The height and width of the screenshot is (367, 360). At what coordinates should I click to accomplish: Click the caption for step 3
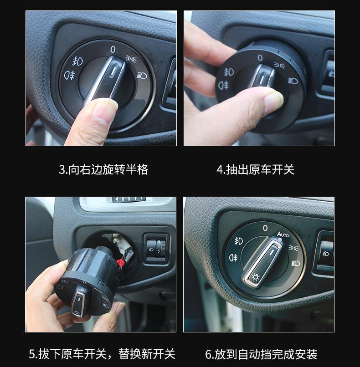(103, 169)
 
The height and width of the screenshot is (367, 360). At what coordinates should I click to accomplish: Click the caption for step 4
(255, 169)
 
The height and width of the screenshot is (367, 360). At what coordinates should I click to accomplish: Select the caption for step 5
(102, 354)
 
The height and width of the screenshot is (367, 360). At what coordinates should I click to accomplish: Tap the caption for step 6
(261, 354)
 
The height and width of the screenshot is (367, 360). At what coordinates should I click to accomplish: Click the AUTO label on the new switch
(283, 234)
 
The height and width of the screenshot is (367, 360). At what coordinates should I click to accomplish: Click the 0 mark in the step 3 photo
(113, 50)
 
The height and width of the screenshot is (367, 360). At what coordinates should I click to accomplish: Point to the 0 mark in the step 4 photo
(260, 57)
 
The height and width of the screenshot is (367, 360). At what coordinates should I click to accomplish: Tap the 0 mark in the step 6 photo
(265, 228)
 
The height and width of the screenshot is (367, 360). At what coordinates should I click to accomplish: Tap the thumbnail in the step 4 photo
(273, 99)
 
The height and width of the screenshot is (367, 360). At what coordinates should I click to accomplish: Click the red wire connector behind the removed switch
(121, 263)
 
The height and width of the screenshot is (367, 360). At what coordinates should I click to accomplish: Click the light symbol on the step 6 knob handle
(255, 277)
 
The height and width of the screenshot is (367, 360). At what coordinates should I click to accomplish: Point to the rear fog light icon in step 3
(69, 75)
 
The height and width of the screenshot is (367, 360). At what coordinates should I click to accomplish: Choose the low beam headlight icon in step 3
(142, 76)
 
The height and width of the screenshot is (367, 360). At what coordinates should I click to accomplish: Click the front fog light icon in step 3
(77, 61)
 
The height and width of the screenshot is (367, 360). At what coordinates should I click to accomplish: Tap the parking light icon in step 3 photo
(131, 59)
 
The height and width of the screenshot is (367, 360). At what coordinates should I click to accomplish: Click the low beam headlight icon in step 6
(296, 263)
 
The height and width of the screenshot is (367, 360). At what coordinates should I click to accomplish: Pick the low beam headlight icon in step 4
(293, 81)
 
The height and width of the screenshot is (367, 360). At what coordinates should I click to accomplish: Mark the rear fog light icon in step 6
(233, 257)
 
